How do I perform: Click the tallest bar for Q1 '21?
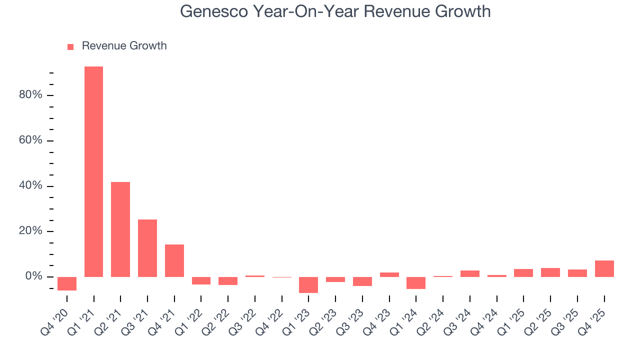point(93,171)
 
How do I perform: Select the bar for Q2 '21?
point(120,229)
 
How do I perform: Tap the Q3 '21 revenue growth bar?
point(147,248)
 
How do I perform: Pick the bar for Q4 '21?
point(174,260)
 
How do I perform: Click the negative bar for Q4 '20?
point(67,283)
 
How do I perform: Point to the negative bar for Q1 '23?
point(308,284)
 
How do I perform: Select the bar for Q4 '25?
point(604,268)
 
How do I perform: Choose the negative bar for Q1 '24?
point(416,282)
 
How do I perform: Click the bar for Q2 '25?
point(550,272)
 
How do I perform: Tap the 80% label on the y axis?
point(30,95)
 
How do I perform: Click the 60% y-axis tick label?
point(30,140)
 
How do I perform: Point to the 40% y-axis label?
point(30,186)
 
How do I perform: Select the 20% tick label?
point(30,231)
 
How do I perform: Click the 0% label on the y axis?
point(33,276)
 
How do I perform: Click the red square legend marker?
point(70,46)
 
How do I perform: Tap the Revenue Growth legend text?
point(124,46)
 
